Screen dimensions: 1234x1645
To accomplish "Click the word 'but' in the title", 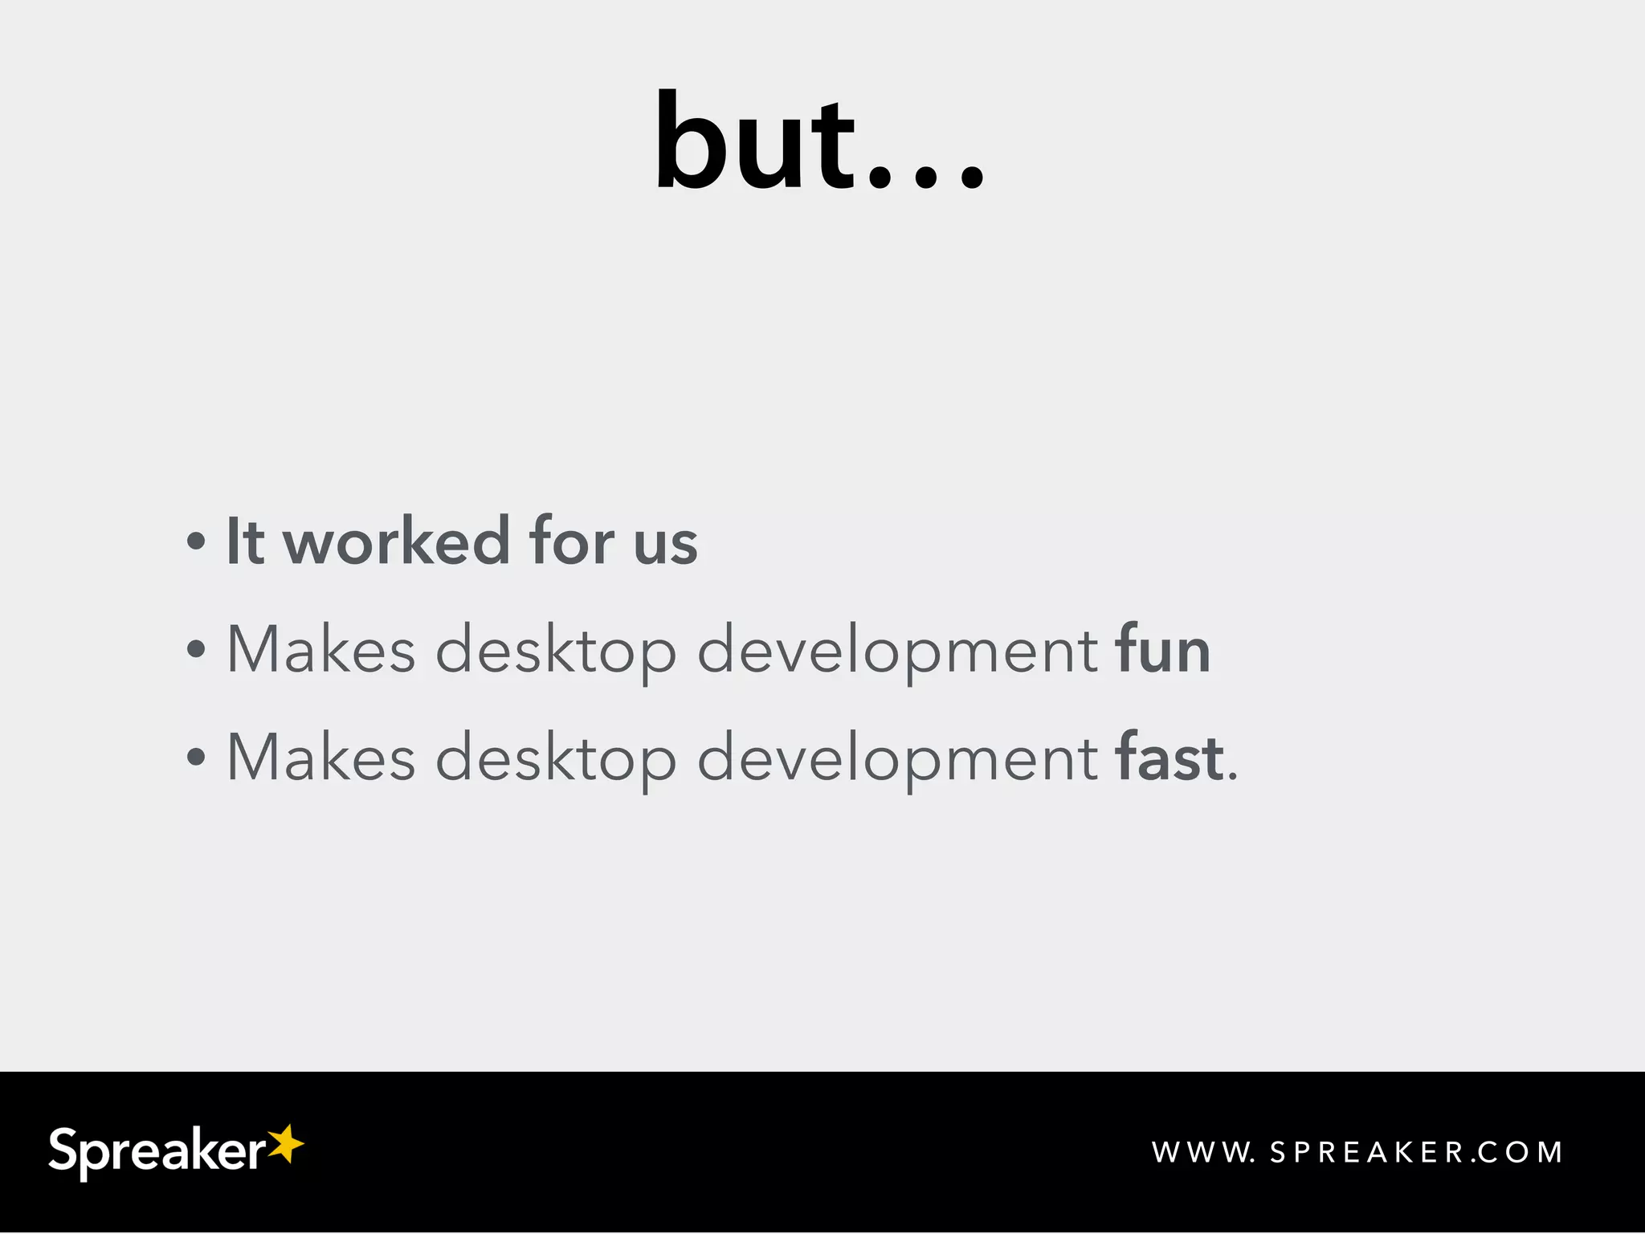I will pos(755,145).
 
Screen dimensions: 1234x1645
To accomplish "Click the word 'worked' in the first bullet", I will pos(397,541).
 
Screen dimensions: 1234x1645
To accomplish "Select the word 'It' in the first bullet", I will pos(245,541).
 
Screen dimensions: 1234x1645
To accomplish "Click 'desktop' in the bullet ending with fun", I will pos(556,651).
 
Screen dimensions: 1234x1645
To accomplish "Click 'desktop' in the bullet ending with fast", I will pos(556,758).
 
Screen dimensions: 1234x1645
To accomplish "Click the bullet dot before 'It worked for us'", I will pos(196,541).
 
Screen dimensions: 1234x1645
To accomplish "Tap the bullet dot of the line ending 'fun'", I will pos(196,649).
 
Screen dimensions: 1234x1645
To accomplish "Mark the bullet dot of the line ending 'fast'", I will pos(196,757).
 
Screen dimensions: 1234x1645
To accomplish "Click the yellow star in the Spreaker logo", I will pos(285,1144).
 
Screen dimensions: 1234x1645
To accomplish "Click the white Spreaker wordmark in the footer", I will pos(157,1152).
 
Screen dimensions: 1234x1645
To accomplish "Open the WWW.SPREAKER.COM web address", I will pos(1357,1153).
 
